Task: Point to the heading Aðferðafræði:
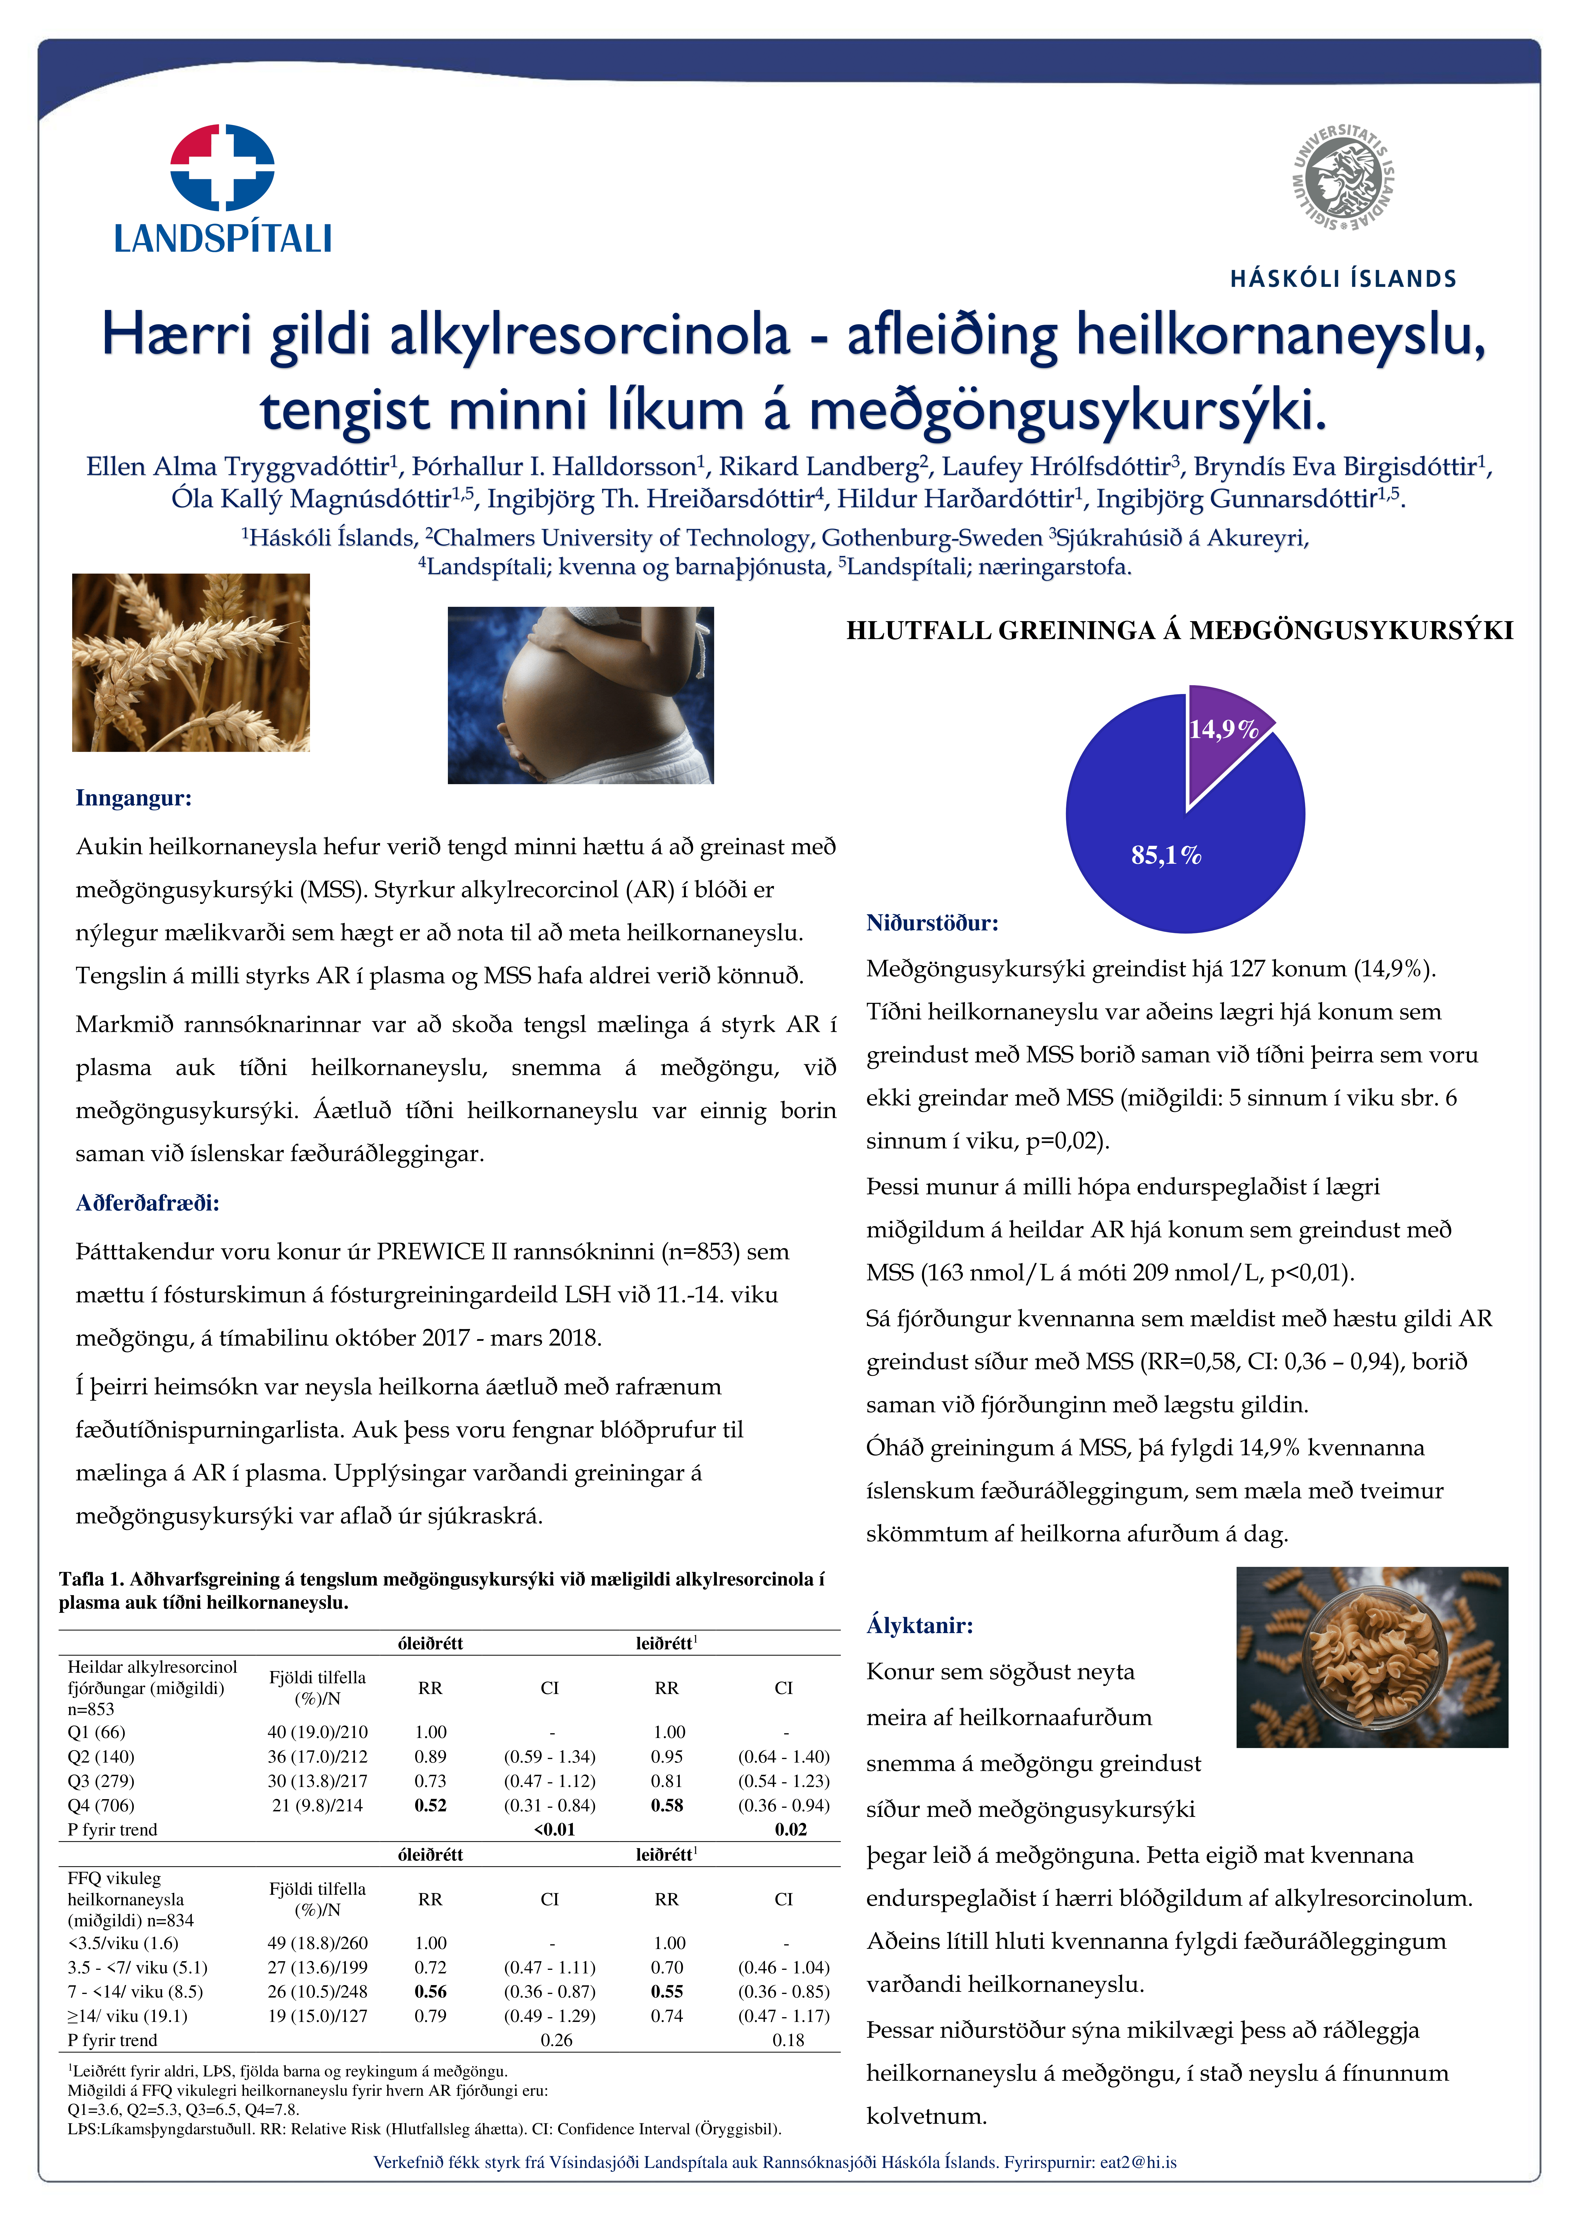pyautogui.click(x=147, y=1203)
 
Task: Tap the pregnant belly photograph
pyautogui.click(x=580, y=695)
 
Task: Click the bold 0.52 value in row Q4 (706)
pyautogui.click(x=430, y=1805)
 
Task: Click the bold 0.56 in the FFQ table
pyautogui.click(x=430, y=1991)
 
